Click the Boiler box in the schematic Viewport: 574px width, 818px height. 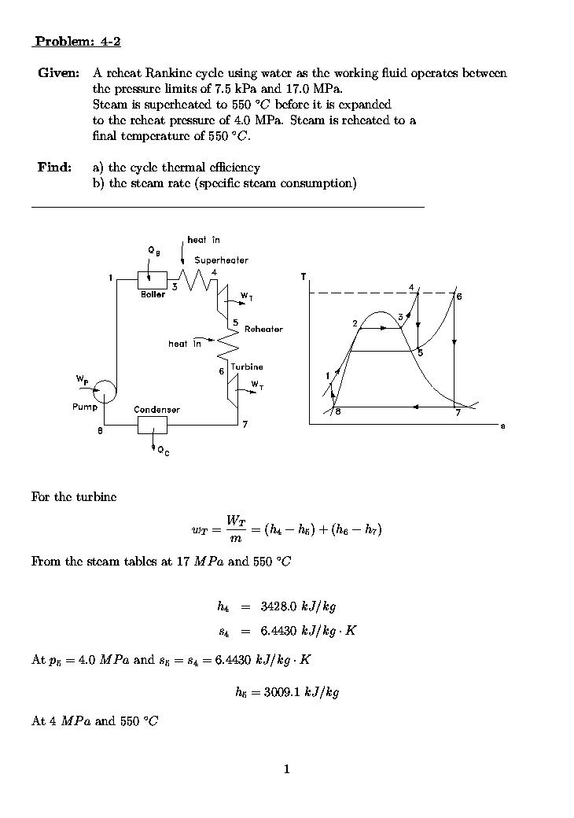pos(153,281)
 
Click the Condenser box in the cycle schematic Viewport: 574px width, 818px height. pos(153,426)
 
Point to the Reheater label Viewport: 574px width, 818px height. pos(263,330)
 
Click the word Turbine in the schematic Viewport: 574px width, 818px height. pos(247,367)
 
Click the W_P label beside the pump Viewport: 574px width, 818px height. pos(83,380)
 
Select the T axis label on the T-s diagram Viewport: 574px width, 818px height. pos(304,278)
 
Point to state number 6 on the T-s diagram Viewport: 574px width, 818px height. pos(459,297)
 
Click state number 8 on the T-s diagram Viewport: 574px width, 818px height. pos(338,411)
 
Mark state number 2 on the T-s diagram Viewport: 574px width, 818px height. pos(355,323)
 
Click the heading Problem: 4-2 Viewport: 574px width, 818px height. pos(77,42)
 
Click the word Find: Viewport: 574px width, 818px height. pos(54,168)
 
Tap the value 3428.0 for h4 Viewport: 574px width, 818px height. pos(276,606)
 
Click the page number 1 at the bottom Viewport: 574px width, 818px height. pos(287,768)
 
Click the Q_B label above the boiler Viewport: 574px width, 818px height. pos(154,250)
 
